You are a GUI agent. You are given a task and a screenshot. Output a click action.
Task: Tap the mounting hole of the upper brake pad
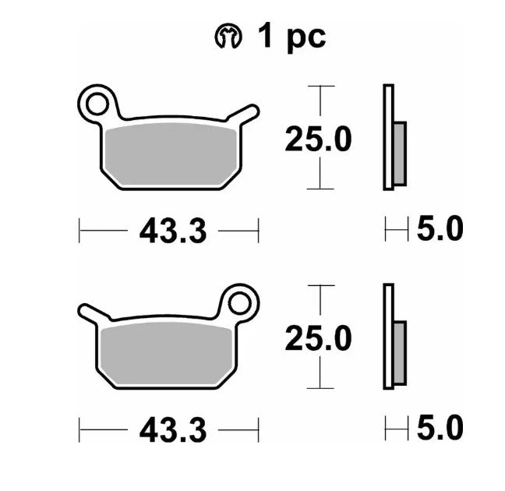(97, 101)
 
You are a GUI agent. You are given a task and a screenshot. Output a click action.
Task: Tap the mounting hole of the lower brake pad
(239, 301)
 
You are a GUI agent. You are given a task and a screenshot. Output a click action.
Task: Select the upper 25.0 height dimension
(317, 140)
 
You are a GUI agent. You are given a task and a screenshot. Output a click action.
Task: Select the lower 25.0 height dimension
(317, 338)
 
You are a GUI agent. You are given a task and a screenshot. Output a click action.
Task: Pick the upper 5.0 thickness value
(440, 230)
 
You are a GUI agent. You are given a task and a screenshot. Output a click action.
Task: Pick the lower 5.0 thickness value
(440, 429)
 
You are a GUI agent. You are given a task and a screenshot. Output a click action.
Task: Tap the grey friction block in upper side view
(400, 154)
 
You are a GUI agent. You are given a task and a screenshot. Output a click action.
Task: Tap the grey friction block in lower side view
(400, 352)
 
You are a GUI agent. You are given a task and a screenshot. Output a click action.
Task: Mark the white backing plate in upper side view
(387, 137)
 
